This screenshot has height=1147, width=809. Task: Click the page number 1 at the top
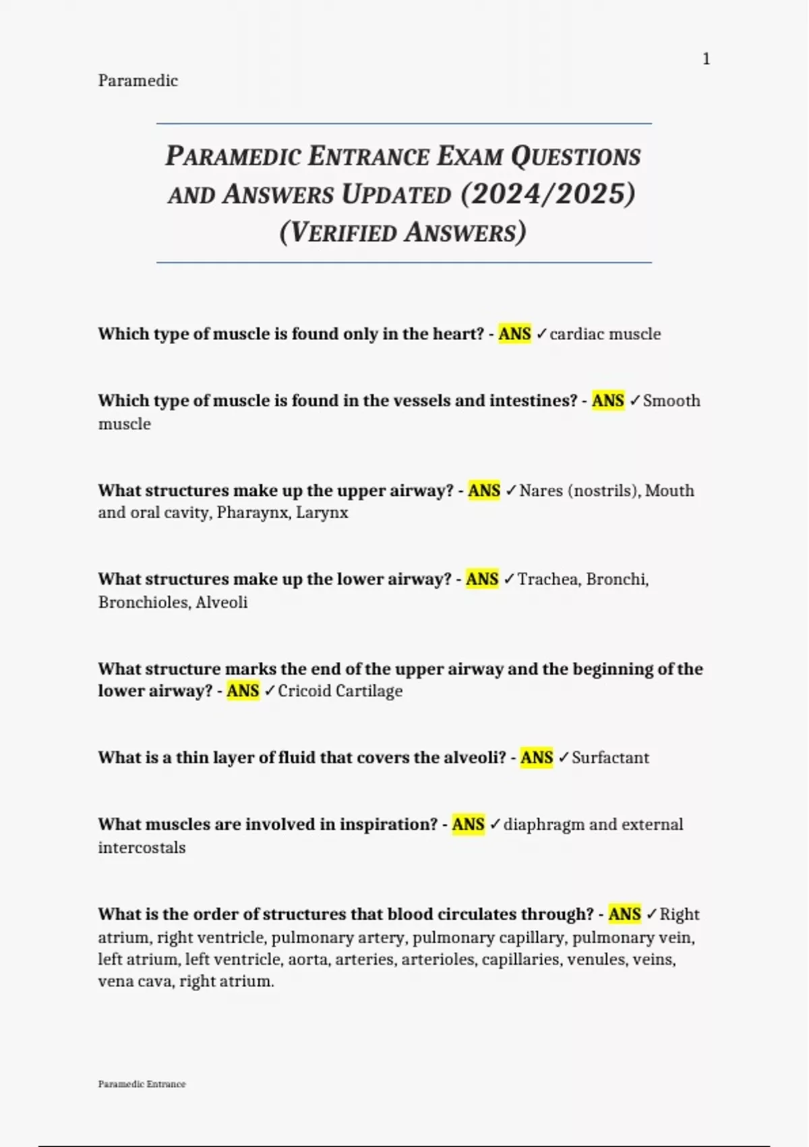coord(706,59)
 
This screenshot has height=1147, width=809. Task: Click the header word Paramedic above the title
coord(138,81)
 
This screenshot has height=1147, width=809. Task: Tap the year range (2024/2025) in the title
coord(548,194)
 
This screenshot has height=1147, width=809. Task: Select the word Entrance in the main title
coord(369,157)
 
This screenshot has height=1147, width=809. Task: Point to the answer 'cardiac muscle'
coord(605,334)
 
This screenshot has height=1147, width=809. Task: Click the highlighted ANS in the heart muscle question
coord(514,334)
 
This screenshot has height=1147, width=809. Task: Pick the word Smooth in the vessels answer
coord(671,401)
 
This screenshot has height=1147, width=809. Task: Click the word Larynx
coord(322,513)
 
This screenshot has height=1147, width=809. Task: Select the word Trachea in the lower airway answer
coord(547,580)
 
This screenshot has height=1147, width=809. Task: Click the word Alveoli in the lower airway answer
coord(222,603)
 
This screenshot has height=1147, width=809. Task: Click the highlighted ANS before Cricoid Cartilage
coord(243,691)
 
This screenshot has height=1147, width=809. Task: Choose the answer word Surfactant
coord(610,758)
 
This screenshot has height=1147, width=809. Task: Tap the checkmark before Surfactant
coord(564,758)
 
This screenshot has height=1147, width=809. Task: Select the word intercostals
coord(142,847)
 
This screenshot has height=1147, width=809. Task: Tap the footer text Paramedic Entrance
coord(142,1084)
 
